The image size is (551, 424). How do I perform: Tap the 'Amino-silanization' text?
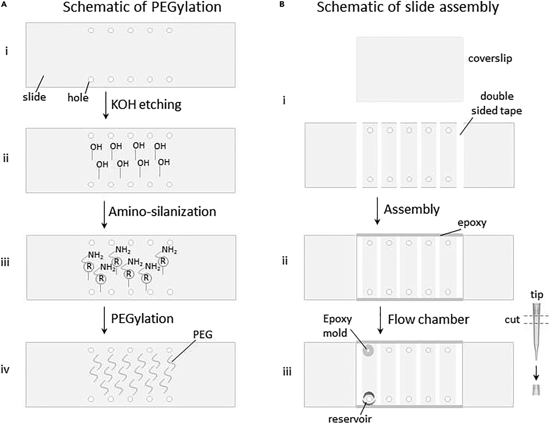(162, 212)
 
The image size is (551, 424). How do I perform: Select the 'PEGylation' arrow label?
(142, 319)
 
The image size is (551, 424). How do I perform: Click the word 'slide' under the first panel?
(34, 97)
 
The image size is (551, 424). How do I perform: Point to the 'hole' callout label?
(78, 98)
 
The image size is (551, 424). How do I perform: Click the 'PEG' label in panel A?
(203, 334)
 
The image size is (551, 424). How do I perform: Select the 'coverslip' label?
(490, 58)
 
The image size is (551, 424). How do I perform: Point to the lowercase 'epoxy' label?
(472, 223)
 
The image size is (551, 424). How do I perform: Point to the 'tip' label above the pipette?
(537, 295)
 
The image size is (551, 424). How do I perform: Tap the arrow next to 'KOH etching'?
(106, 105)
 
